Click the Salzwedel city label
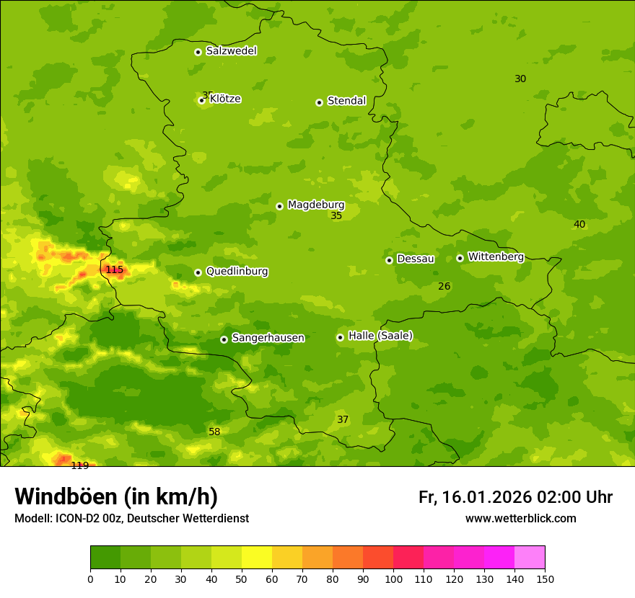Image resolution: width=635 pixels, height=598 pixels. pos(231,51)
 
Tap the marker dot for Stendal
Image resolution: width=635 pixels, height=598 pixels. pos(319,102)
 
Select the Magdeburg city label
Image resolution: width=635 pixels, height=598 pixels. pos(316,205)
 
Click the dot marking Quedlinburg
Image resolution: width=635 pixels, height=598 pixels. pos(198,272)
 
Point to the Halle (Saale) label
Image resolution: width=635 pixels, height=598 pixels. pos(380,336)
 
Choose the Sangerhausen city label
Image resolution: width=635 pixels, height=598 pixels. pos(268,338)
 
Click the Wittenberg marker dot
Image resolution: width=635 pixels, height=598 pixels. pos(460,258)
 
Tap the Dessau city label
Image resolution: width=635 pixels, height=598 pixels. pos(416,259)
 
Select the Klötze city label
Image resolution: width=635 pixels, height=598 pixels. pos(225,99)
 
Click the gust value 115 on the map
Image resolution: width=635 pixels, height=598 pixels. pos(115,270)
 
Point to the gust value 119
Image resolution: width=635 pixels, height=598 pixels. pos(79,465)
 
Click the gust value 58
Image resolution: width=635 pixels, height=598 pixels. pos(214,432)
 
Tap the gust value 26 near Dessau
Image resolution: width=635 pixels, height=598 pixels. pos(444,286)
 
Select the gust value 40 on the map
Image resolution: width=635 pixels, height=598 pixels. pos(579,224)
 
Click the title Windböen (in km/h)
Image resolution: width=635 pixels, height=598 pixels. pos(116,496)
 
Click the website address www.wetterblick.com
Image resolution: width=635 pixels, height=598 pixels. pos(520,519)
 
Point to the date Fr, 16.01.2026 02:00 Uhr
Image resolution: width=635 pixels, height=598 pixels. pos(515,497)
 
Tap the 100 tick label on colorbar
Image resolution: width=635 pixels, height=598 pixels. pos(393,579)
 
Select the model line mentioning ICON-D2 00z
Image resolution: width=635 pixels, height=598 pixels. pos(131,519)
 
